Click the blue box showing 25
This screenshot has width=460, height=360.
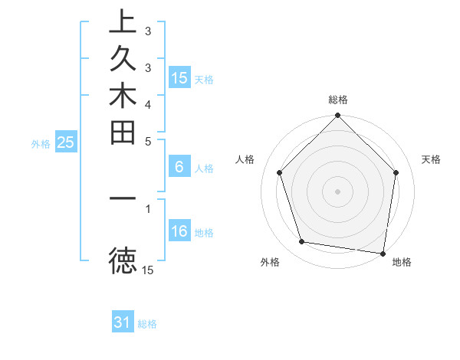(x=66, y=142)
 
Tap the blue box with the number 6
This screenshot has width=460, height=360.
(x=179, y=168)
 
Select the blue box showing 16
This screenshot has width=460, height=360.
(x=179, y=231)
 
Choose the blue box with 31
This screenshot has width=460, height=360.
(x=123, y=322)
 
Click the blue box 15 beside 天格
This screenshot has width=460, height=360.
(x=179, y=78)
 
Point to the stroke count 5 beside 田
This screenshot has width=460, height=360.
(x=148, y=141)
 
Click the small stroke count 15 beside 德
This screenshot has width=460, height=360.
(x=148, y=270)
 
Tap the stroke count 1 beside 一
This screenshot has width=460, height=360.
(x=148, y=207)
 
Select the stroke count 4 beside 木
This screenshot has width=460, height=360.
(x=148, y=103)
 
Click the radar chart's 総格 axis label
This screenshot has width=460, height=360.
(x=338, y=100)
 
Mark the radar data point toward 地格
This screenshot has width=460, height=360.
(x=383, y=253)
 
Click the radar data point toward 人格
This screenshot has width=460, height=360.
(x=279, y=172)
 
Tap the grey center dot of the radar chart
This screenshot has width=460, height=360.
(x=338, y=191)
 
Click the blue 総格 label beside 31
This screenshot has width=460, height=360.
(x=147, y=324)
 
